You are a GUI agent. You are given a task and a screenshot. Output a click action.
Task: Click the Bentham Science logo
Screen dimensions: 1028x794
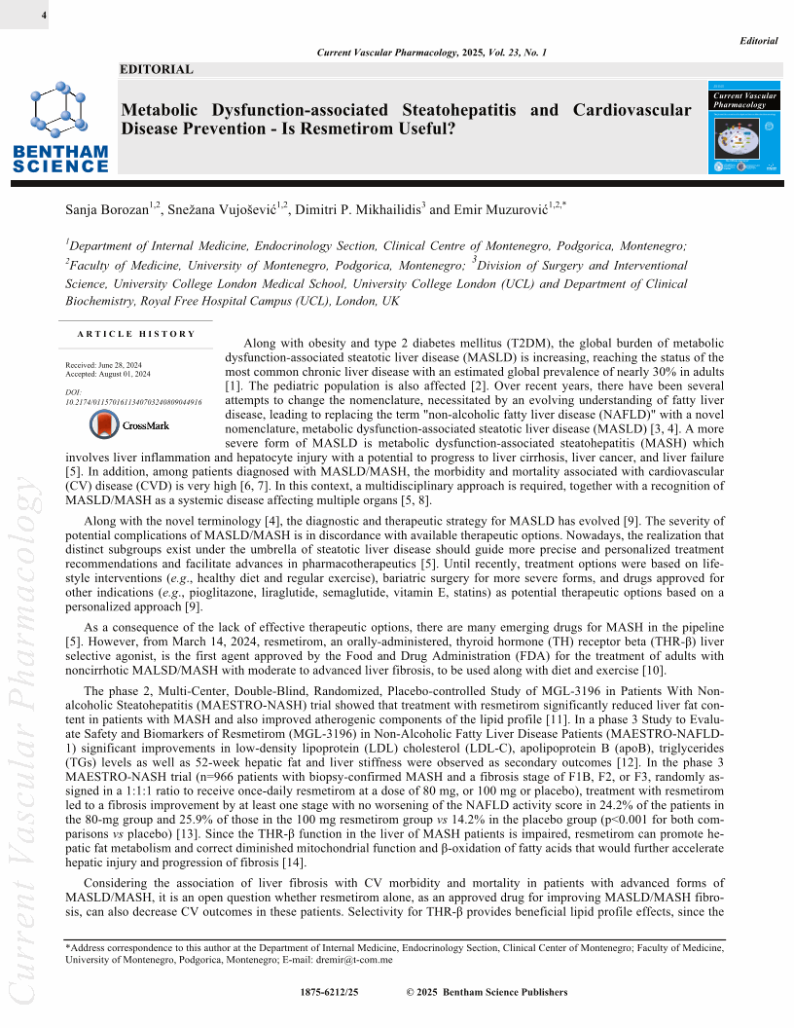59,127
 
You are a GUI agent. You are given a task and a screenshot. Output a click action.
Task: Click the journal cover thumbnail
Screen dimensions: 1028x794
746,128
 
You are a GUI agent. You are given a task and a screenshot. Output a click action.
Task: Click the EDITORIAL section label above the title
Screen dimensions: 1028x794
157,69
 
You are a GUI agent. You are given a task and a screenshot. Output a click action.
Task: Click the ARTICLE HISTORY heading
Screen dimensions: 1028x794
135,334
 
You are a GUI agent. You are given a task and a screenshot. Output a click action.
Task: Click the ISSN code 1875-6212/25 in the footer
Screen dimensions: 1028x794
333,992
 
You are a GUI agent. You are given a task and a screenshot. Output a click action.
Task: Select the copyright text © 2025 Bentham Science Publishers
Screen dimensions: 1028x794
486,992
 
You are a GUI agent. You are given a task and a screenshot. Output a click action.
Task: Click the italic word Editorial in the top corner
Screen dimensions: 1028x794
759,41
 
